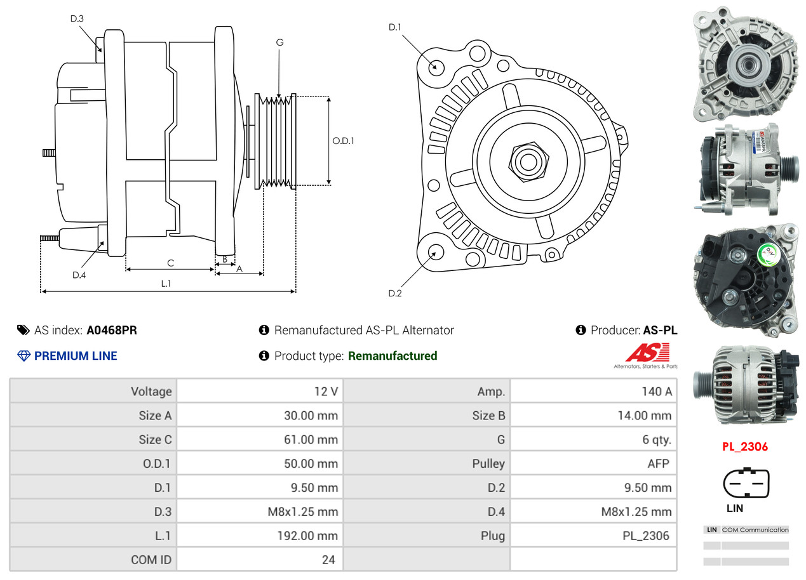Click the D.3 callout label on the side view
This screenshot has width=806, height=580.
77,19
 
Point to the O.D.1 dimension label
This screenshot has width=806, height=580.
343,140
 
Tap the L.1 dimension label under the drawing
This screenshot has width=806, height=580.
165,284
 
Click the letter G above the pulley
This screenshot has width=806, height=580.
279,43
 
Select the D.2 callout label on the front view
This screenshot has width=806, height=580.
395,293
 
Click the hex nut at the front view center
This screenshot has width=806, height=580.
527,161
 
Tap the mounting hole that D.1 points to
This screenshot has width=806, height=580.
436,67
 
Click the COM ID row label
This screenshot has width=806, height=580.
151,560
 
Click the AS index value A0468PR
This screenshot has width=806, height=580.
112,330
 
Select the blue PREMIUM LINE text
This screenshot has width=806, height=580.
76,356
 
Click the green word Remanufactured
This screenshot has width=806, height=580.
393,356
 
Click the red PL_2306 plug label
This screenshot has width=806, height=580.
744,447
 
